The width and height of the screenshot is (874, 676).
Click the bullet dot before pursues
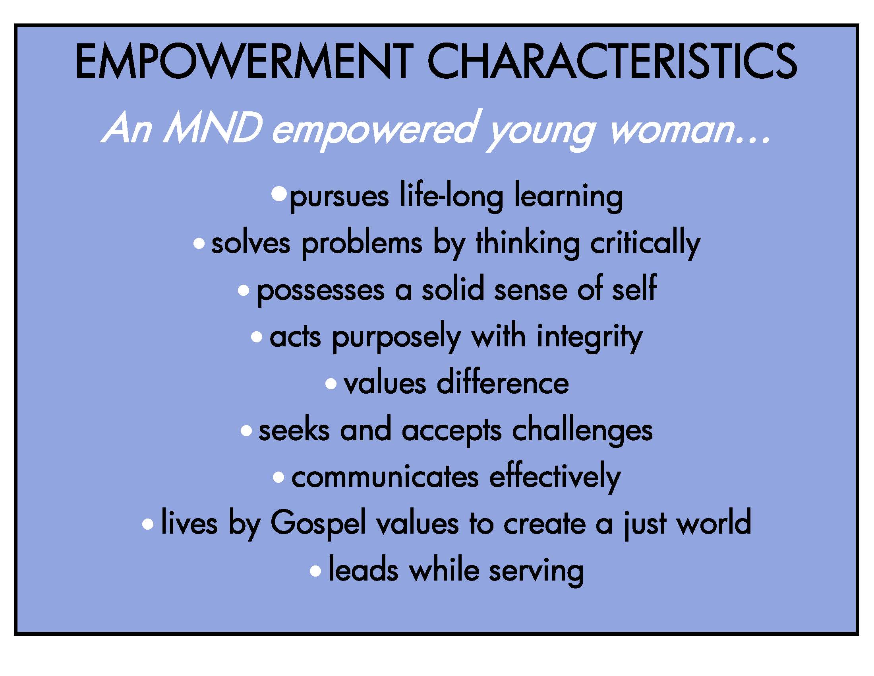[x=279, y=194]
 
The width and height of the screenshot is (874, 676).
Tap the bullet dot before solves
[x=199, y=243]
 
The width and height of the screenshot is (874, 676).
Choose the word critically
[x=645, y=243]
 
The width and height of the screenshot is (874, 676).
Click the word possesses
[x=320, y=290]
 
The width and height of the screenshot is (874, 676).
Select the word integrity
[x=590, y=337]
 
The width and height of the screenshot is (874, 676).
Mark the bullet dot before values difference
[x=331, y=384]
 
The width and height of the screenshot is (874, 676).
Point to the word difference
[x=503, y=383]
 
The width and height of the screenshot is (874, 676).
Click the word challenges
[x=582, y=431]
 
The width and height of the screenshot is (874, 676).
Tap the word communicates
[x=385, y=478]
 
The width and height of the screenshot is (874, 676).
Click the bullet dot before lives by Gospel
[x=148, y=524]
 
